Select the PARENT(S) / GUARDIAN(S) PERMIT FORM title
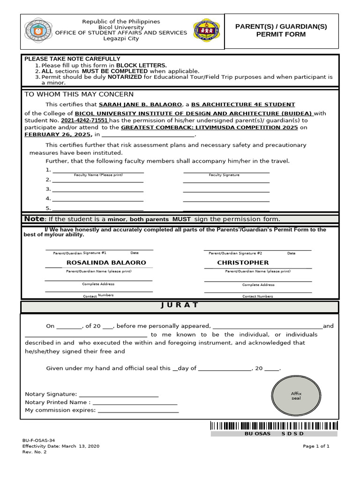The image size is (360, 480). click(x=281, y=30)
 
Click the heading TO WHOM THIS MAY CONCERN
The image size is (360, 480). click(x=79, y=94)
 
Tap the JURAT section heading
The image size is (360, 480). click(x=180, y=305)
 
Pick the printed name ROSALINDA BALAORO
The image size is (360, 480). click(x=106, y=262)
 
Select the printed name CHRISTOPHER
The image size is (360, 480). click(x=243, y=262)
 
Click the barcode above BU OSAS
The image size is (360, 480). click(x=274, y=426)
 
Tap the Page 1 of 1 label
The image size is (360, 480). click(x=316, y=446)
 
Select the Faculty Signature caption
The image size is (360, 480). click(x=224, y=175)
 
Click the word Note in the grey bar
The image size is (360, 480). click(x=34, y=219)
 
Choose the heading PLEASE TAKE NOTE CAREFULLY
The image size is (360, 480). click(x=72, y=59)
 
